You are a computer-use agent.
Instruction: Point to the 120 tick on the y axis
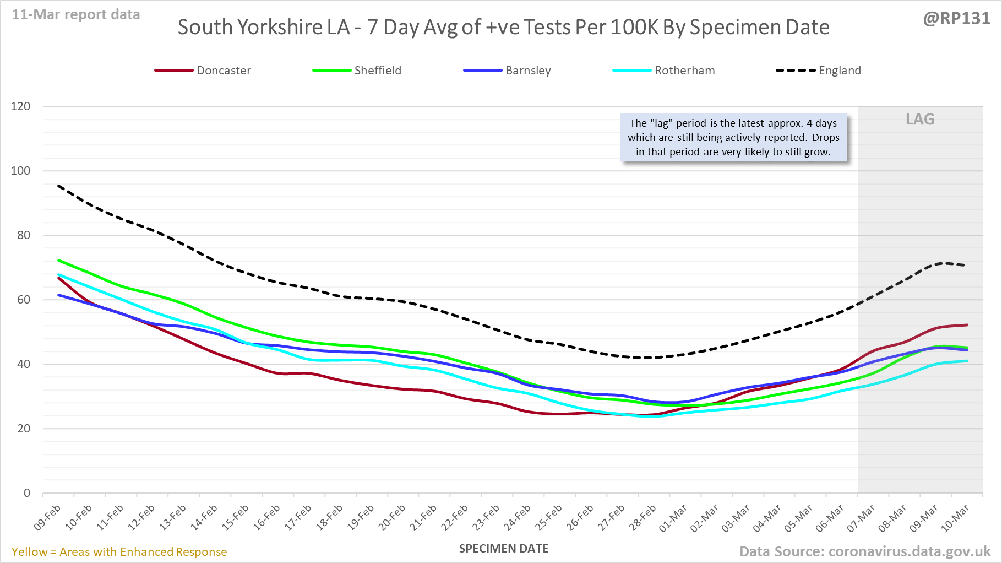[x=21, y=106]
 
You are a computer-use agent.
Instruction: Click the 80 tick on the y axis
[x=24, y=235]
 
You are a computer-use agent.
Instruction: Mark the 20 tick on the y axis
[x=24, y=429]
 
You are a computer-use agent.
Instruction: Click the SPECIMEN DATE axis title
[x=504, y=549]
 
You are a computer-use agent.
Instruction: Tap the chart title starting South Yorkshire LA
[x=503, y=27]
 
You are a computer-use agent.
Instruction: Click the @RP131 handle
[x=956, y=18]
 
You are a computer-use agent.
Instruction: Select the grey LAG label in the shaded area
[x=920, y=120]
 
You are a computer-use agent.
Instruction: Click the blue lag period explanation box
[x=733, y=138]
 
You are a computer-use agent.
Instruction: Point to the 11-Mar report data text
[x=76, y=15]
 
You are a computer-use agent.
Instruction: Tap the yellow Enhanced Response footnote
[x=119, y=552]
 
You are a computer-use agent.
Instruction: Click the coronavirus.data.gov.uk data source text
[x=864, y=551]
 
